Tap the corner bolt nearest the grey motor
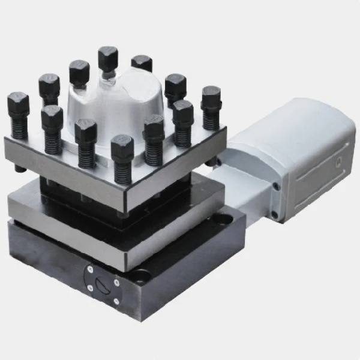(211, 96)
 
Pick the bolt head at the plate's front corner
(122, 146)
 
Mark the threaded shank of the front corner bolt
(122, 171)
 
